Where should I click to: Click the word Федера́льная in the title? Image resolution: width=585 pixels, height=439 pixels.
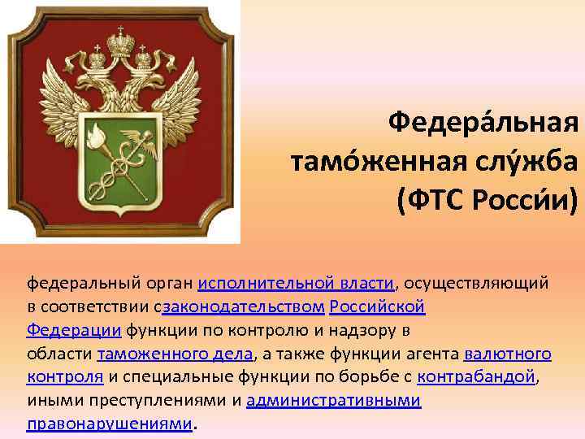click(483, 124)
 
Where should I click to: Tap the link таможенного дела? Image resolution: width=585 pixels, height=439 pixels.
click(175, 354)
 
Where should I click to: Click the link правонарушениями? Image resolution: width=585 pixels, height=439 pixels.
click(110, 424)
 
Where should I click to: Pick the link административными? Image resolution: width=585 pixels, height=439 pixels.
click(333, 400)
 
